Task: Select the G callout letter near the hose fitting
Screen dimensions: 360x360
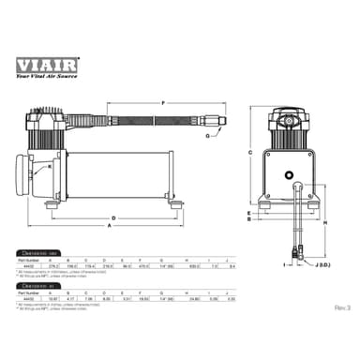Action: point(232,136)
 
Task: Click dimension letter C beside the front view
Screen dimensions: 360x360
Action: point(250,151)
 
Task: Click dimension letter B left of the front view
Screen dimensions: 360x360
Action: point(250,223)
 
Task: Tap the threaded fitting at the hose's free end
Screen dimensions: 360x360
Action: point(217,122)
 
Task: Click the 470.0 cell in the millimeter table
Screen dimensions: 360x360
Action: point(142,266)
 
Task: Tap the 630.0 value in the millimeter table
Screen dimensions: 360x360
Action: point(194,266)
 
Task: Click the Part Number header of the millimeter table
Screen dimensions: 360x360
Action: point(28,261)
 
